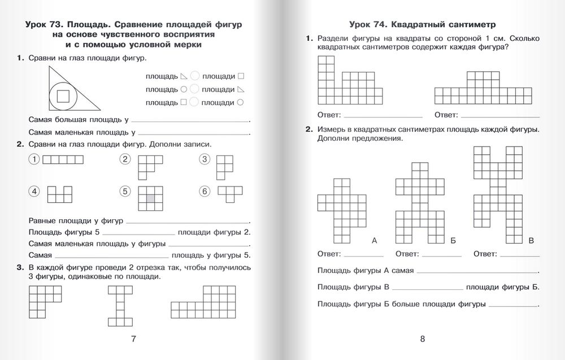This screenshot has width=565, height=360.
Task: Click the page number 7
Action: pyautogui.click(x=133, y=339)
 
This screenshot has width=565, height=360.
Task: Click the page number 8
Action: pyautogui.click(x=422, y=339)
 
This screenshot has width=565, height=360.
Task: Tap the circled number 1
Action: pyautogui.click(x=34, y=160)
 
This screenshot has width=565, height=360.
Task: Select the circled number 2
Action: pyautogui.click(x=125, y=160)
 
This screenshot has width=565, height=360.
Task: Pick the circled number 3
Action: pyautogui.click(x=205, y=160)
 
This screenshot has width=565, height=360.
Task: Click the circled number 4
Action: pyautogui.click(x=34, y=192)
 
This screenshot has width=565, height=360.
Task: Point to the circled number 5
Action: pyautogui.click(x=125, y=192)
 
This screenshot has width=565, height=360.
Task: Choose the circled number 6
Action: pyautogui.click(x=205, y=192)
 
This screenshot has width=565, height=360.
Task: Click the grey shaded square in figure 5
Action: pyautogui.click(x=150, y=198)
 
